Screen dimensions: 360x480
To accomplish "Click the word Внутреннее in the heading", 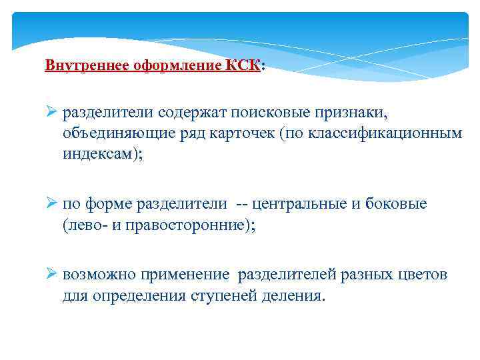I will pos(75,67).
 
